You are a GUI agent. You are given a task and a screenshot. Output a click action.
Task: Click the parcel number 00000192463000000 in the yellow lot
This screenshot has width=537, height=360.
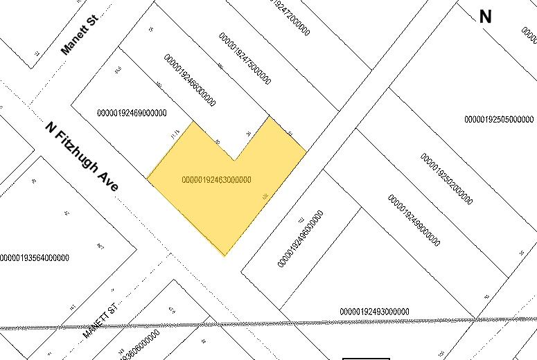pos(216,180)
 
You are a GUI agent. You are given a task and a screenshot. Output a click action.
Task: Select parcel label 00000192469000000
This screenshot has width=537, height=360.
pos(132,113)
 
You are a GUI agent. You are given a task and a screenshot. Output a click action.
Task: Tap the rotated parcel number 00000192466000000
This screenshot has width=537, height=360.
pos(189,80)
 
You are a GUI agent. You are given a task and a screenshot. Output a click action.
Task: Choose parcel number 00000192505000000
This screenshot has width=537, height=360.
pos(499,119)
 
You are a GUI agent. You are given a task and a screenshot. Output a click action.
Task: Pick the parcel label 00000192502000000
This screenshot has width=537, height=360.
pos(446,179)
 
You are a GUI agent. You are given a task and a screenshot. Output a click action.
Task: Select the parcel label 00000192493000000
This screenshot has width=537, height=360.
pos(374,312)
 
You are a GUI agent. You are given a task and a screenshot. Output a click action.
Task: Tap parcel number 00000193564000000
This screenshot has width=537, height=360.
pos(35,258)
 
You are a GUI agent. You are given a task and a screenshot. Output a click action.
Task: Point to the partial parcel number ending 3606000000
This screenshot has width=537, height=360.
pos(139,345)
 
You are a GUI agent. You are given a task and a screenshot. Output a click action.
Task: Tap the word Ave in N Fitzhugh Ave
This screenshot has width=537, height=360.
pos(110,182)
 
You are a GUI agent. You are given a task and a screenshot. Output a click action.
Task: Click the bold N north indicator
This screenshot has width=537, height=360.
pos(485,17)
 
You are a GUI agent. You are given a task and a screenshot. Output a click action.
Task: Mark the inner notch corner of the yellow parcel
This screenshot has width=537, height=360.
pos(235,160)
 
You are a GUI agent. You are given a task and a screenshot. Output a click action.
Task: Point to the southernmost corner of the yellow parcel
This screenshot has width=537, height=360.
pos(225,255)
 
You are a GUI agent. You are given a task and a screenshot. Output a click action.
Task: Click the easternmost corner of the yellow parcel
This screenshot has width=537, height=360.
pos(306,150)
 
